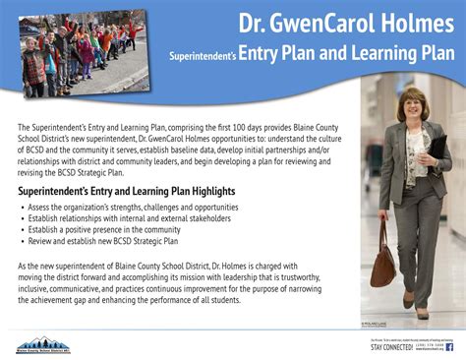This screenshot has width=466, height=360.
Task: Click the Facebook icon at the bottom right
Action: pyautogui.click(x=450, y=346)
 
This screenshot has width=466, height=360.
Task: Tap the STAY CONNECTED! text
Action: pyautogui.click(x=391, y=347)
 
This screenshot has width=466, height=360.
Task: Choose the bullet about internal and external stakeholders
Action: pyautogui.click(x=123, y=218)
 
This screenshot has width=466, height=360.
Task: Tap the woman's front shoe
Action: pyautogui.click(x=409, y=301)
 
